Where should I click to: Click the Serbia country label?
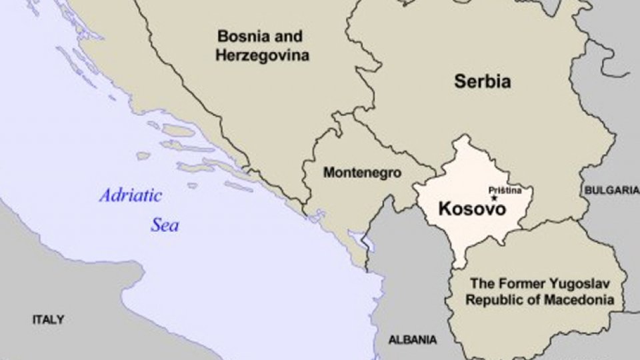(483, 82)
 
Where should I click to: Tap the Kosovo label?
(472, 209)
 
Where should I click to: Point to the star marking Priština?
(494, 198)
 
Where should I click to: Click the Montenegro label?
(362, 173)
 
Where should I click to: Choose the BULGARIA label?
(611, 190)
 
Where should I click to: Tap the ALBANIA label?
(413, 339)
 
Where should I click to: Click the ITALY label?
(49, 320)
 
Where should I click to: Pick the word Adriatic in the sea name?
(131, 196)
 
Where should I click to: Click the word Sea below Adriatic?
(164, 225)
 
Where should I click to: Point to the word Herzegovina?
(262, 55)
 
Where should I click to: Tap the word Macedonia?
(579, 300)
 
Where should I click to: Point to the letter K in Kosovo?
(445, 209)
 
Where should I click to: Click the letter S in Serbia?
(460, 82)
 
